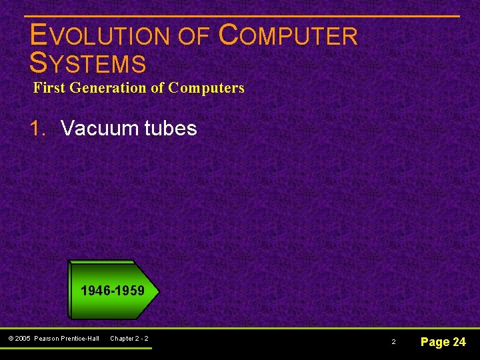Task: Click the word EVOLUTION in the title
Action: tap(101, 37)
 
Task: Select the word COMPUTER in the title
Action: tap(288, 37)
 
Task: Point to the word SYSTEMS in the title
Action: tap(88, 63)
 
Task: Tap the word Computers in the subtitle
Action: tap(206, 87)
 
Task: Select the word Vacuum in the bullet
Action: tap(101, 128)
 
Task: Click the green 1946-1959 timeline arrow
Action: tap(113, 291)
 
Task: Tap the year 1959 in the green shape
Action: tap(130, 291)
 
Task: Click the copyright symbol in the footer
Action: tap(11, 339)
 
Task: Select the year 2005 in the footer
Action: tap(24, 339)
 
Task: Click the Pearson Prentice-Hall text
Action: tap(67, 339)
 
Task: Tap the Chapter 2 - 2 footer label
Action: tap(129, 339)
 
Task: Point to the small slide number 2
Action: tap(393, 342)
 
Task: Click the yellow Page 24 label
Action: tap(443, 342)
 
